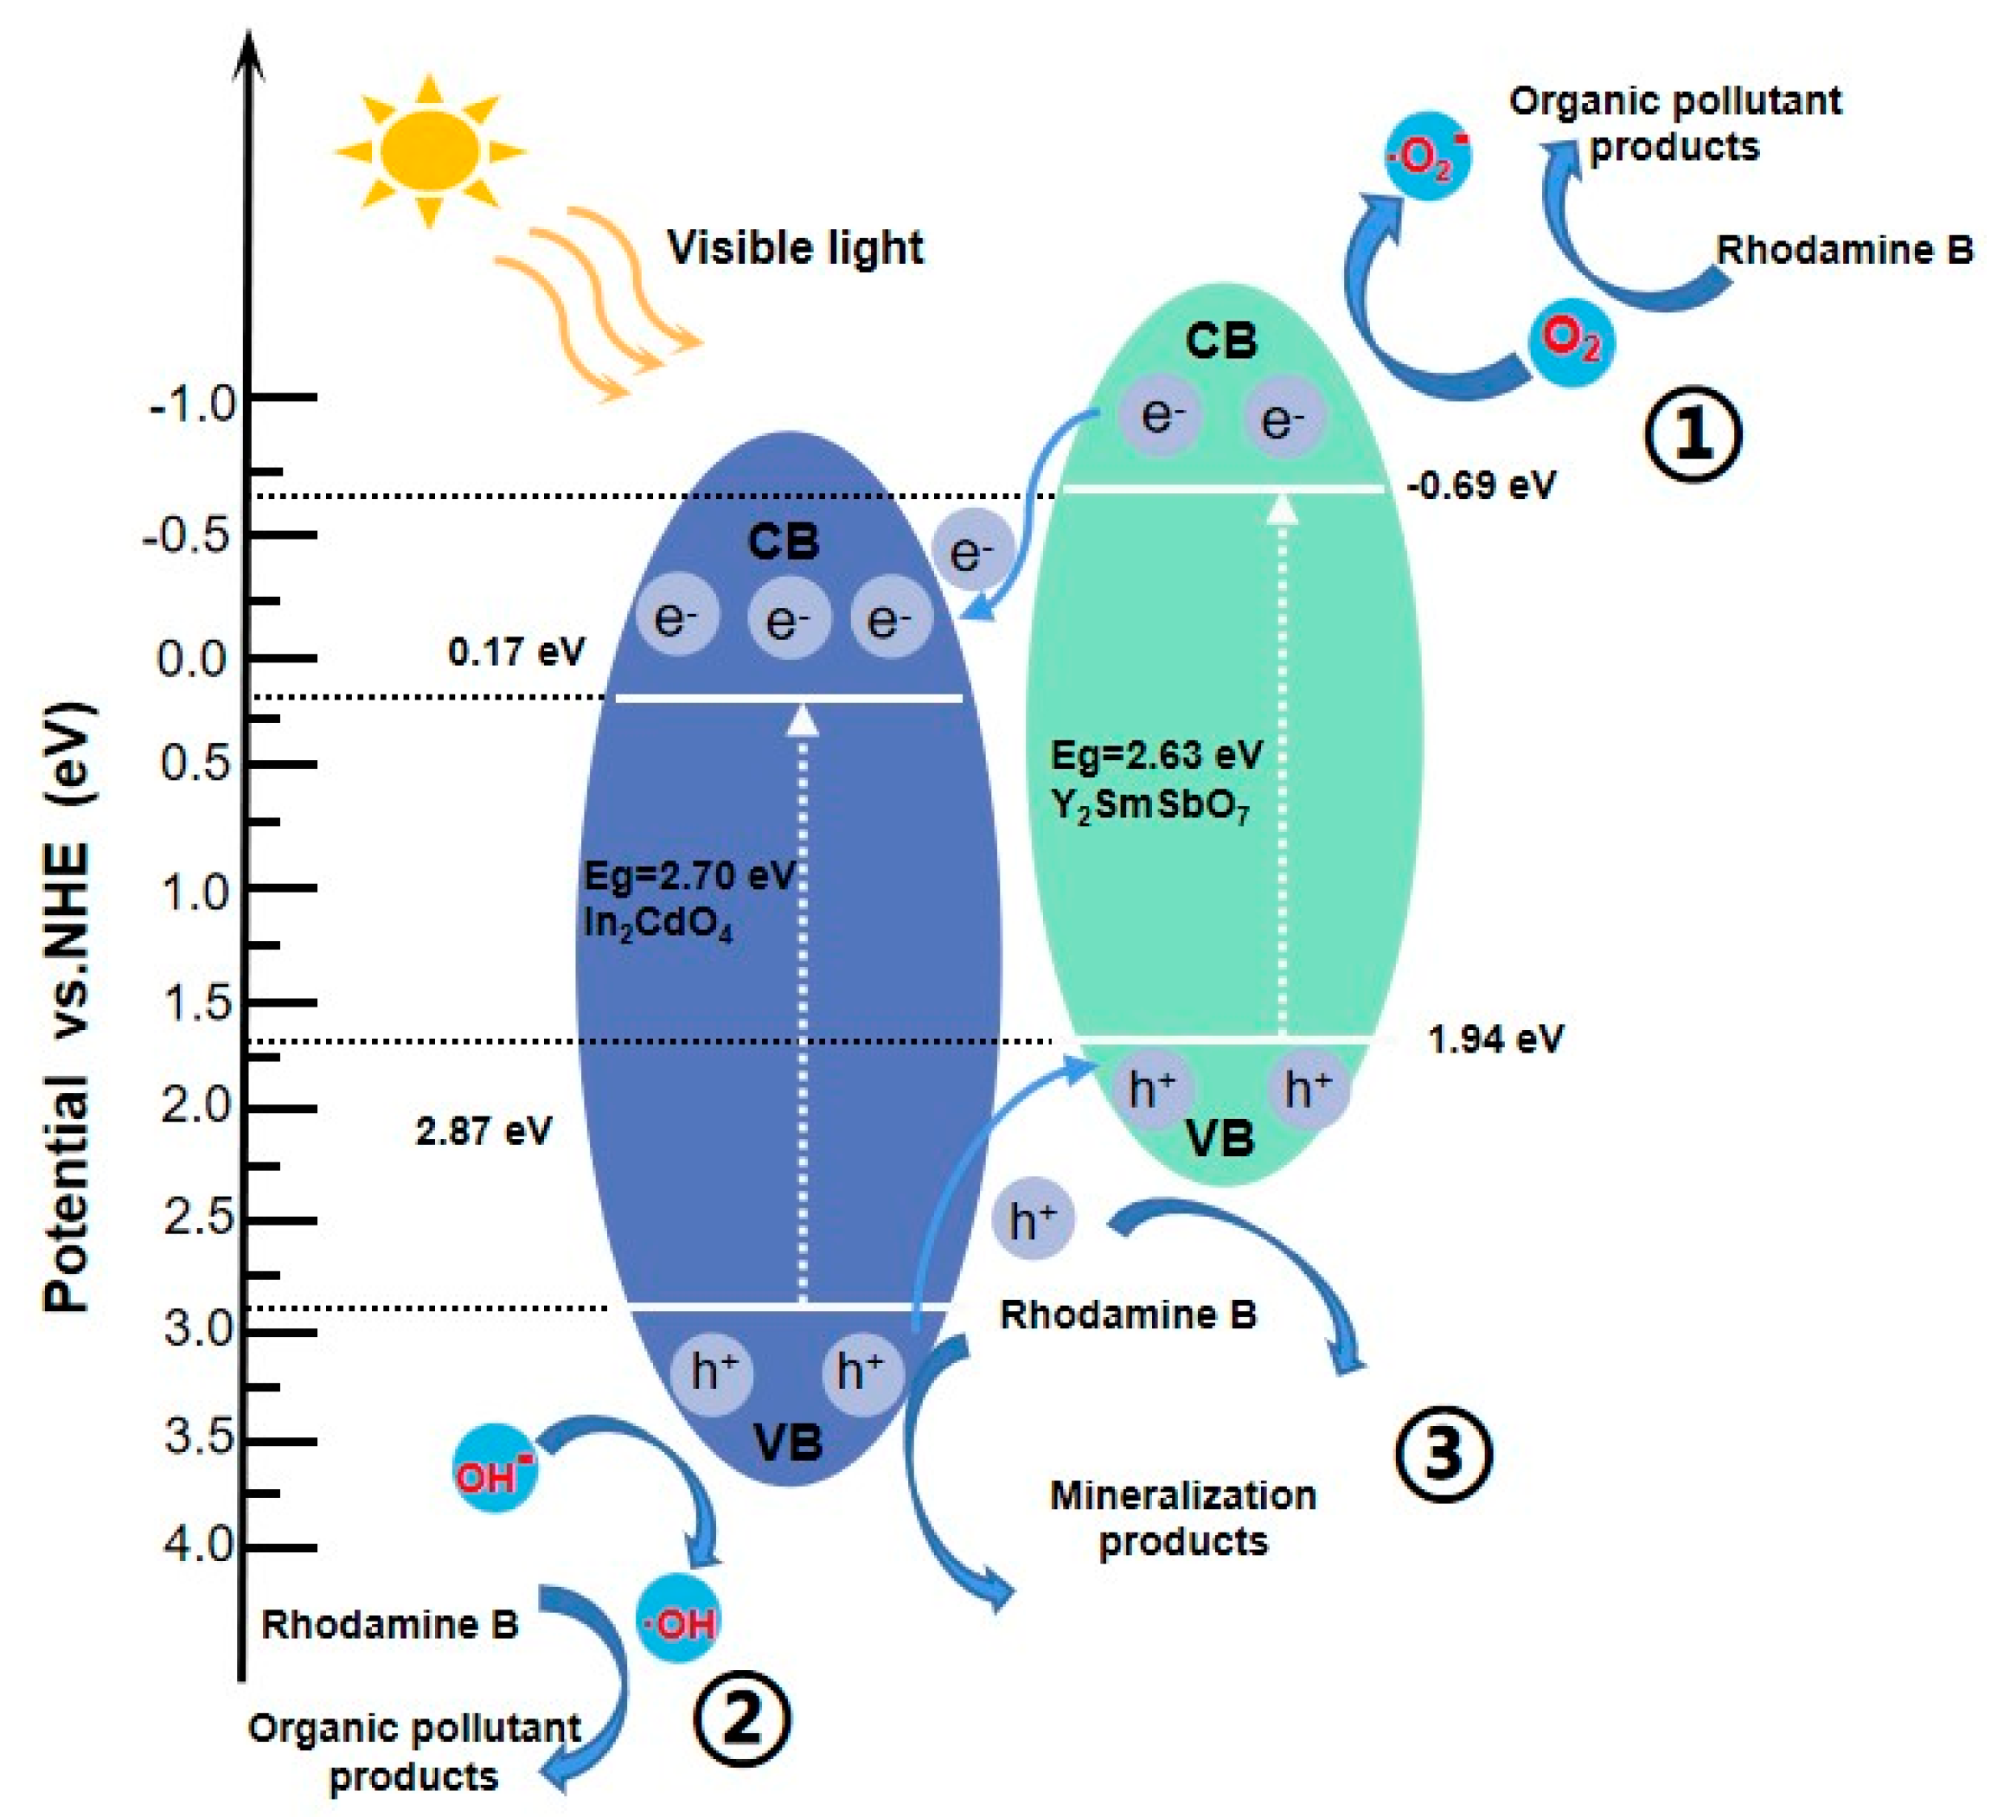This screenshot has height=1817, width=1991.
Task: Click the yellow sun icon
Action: coord(430,150)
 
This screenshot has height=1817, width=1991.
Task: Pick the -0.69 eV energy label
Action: coord(1481,485)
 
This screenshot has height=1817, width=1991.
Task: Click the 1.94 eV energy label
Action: coord(1495,1039)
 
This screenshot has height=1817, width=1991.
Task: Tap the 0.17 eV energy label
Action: coord(515,652)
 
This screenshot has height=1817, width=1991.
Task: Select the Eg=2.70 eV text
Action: coord(689,875)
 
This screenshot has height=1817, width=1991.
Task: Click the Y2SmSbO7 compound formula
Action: coord(1149,807)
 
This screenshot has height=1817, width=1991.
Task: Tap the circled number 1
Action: coord(1693,433)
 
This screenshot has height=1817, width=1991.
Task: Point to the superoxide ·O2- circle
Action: coord(1427,156)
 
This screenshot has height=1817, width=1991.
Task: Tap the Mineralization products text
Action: coord(1182,1518)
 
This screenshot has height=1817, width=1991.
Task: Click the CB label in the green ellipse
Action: coord(1220,341)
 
